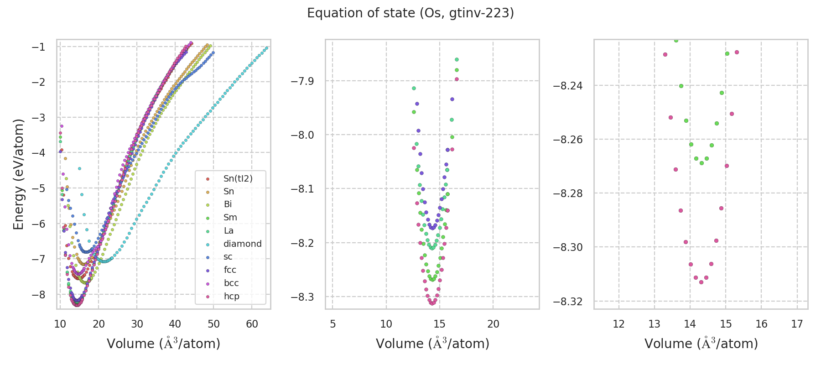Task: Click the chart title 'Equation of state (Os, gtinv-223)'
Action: coord(410,13)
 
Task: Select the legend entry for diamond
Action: coord(242,244)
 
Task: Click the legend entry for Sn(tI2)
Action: coord(238,178)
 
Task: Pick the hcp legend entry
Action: coord(231,296)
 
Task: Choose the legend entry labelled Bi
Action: coord(228,204)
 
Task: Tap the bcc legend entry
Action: coord(231,283)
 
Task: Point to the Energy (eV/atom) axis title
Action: coord(18,174)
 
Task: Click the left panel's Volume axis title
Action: coord(163,344)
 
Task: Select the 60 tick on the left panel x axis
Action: coord(252,324)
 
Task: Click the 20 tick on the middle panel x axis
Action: coord(493,324)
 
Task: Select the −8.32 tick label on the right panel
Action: coord(567,302)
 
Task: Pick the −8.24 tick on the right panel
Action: coord(567,86)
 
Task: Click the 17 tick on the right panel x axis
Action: coord(797,324)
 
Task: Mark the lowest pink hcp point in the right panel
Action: coord(701,282)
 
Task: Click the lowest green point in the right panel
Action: coord(701,163)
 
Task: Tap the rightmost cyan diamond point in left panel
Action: coord(267,47)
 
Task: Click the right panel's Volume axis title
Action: coord(701,344)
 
